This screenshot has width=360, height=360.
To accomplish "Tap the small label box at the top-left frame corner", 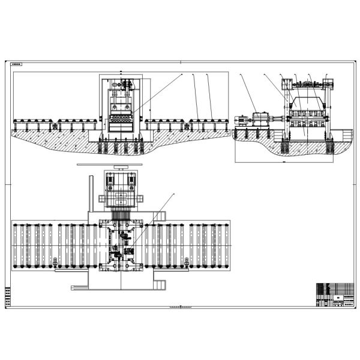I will click(17, 63).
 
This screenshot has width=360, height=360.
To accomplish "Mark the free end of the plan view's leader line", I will click(174, 194).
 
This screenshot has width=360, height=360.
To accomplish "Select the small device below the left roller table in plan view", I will click(54, 262).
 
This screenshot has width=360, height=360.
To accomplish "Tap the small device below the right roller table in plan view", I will click(187, 262).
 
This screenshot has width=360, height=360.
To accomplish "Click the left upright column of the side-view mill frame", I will click(286, 114).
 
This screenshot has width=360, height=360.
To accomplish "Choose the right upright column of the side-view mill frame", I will click(328, 114).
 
